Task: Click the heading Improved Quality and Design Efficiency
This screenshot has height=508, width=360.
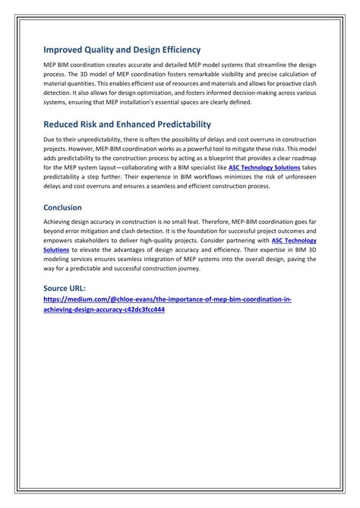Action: coord(122,49)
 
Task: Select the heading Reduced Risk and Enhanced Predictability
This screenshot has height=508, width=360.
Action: coord(127,124)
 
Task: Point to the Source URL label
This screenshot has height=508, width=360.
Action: coord(64,289)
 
